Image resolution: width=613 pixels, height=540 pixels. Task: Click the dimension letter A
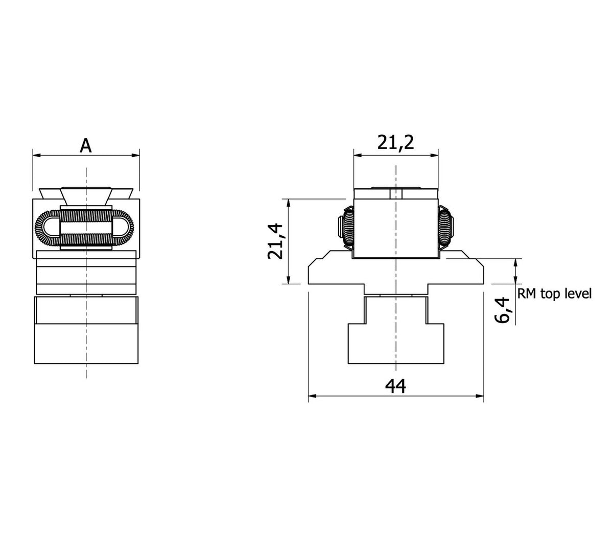[x=86, y=146]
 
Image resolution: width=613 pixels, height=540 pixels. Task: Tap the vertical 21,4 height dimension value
[x=276, y=242]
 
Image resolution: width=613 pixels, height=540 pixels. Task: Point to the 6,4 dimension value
[x=503, y=310]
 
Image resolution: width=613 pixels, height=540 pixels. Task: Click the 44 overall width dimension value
[x=395, y=386]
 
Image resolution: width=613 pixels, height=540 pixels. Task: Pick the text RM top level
[x=554, y=293]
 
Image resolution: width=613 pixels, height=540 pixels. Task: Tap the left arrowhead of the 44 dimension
[x=312, y=395]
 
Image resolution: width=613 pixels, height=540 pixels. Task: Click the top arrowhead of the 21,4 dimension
[x=289, y=203]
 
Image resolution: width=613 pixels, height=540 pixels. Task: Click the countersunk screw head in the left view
[x=86, y=194]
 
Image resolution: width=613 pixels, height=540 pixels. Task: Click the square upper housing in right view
[x=396, y=225]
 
